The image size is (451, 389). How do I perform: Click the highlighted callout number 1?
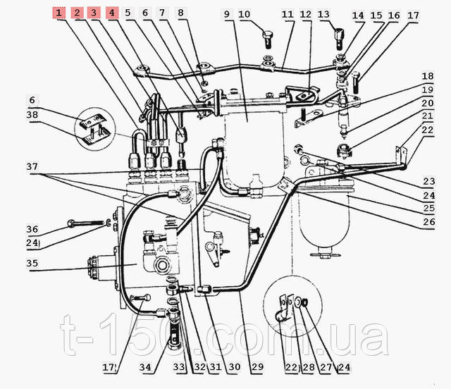58,13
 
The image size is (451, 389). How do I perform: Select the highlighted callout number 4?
112,13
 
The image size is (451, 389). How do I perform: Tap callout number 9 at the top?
227,14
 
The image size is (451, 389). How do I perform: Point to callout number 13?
323,14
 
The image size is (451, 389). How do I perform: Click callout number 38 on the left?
32,115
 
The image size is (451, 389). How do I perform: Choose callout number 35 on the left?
32,264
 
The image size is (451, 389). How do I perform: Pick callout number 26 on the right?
429,222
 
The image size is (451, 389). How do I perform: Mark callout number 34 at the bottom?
145,367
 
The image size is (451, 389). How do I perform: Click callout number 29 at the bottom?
257,367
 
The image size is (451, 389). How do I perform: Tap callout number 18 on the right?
428,76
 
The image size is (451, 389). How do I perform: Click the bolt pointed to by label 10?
268,39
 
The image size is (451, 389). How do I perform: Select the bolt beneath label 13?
339,37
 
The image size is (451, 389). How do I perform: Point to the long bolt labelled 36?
86,223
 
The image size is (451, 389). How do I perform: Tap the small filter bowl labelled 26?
324,218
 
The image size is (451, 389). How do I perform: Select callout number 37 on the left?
32,167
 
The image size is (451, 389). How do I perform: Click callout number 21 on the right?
428,116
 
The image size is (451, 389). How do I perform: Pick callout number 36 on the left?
32,229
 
